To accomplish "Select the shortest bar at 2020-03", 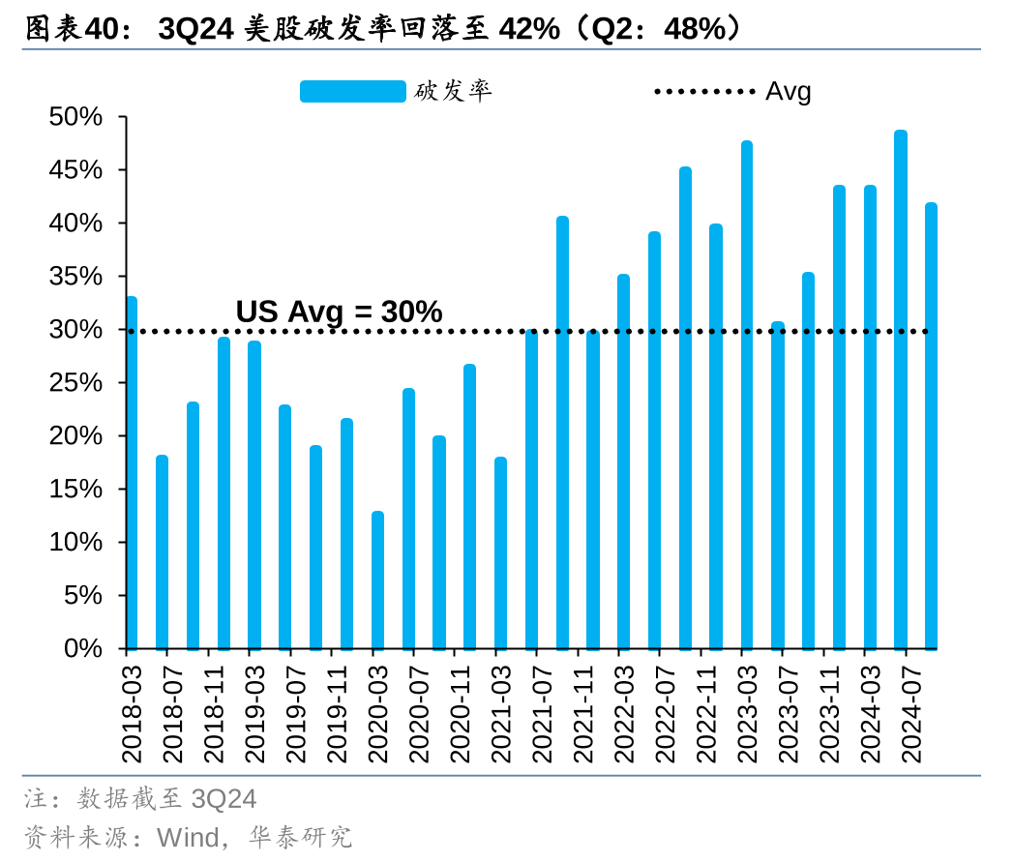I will (377, 580).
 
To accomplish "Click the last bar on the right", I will (931, 426).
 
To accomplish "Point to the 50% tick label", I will (75, 117).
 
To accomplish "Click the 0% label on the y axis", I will (83, 648).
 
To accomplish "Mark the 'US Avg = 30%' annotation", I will (339, 312).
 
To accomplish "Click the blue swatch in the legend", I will (352, 92).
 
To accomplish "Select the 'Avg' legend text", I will (788, 92).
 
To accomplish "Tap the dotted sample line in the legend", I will (704, 92).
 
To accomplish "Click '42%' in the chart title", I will (528, 30).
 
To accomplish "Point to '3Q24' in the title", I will (194, 30).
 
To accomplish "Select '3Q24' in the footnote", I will (224, 799).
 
